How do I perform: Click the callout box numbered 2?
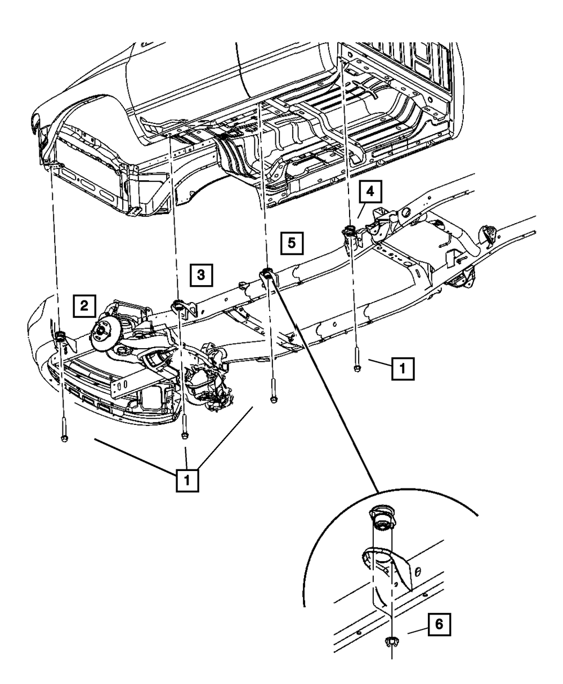[x=84, y=306]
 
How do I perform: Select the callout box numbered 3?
[x=201, y=275]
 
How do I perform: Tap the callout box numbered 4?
[x=369, y=192]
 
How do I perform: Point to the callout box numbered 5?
[x=291, y=243]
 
